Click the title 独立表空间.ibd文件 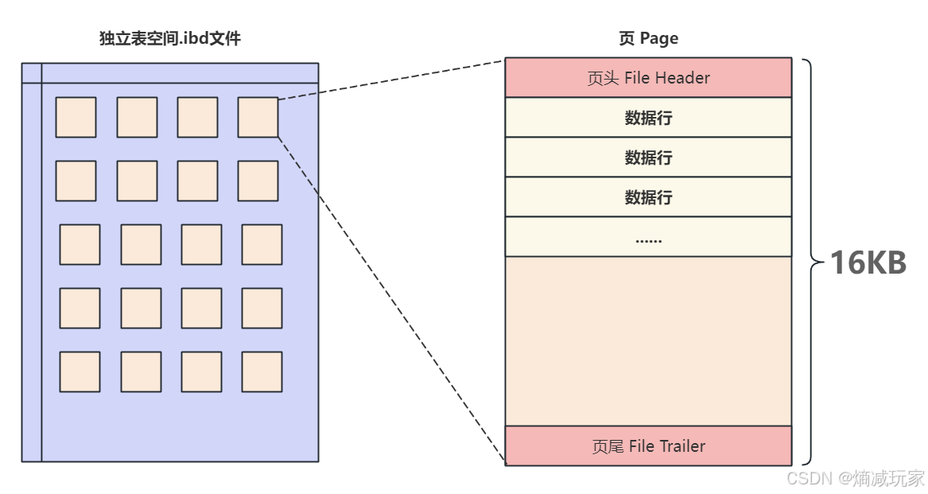click(169, 38)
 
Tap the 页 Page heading click(648, 38)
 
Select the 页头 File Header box click(648, 78)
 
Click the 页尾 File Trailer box click(648, 446)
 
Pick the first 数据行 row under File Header click(648, 118)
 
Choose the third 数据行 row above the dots click(648, 197)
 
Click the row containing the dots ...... click(648, 237)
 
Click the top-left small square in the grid click(76, 117)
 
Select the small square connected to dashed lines click(258, 117)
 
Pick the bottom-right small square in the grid click(262, 371)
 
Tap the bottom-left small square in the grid click(80, 371)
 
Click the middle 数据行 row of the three click(648, 158)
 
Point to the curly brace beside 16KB click(810, 262)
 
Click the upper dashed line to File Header click(391, 80)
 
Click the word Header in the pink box click(683, 78)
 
